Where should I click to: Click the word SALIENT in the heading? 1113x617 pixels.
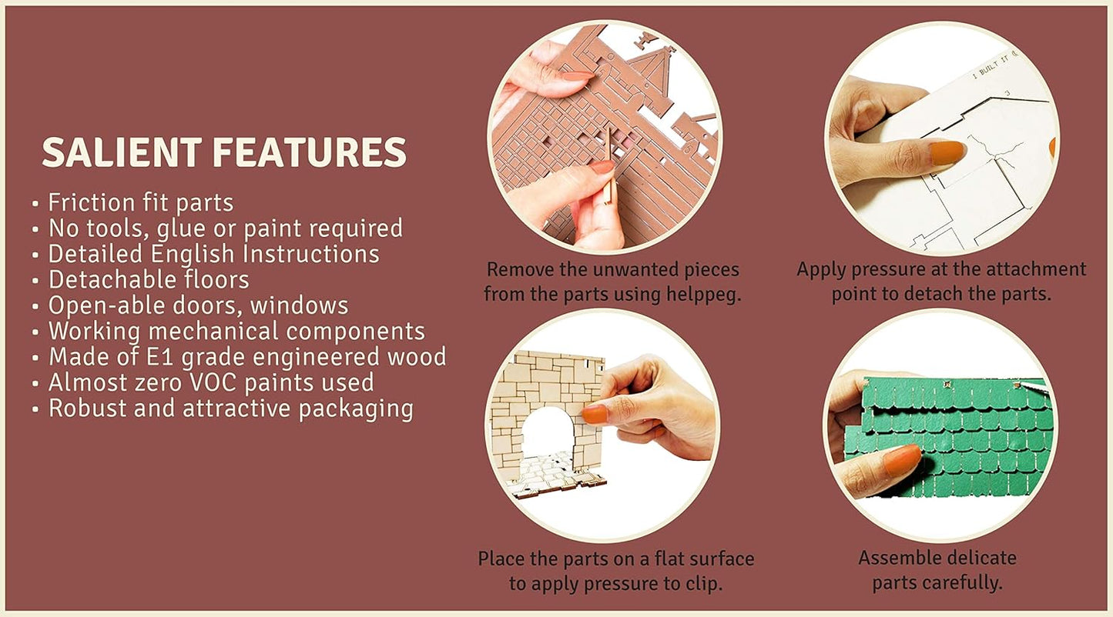pos(122,152)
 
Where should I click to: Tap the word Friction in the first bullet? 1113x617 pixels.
pos(92,202)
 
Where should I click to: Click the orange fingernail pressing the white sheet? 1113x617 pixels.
pos(947,152)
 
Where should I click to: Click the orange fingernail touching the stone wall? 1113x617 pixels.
pos(595,414)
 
